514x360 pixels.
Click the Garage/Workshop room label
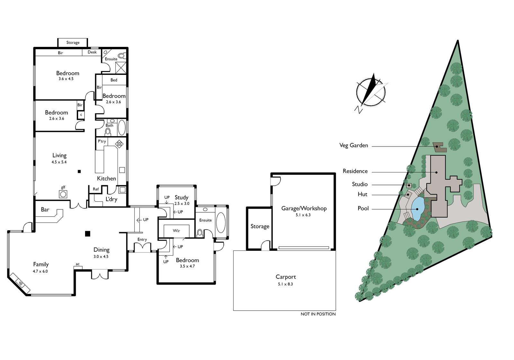click(304, 208)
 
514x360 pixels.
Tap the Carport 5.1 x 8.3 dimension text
click(286, 284)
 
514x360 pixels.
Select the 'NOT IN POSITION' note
click(318, 314)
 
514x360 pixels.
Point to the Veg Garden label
click(354, 145)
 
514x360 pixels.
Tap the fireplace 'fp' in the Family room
click(21, 283)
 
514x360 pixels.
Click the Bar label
click(45, 209)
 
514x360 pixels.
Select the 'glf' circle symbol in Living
click(63, 194)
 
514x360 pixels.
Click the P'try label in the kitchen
click(102, 141)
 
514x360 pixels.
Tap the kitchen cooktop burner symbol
click(119, 144)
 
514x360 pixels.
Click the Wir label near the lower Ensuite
click(176, 231)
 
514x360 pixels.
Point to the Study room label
click(181, 197)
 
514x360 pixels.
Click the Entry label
click(142, 240)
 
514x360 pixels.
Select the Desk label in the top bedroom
click(92, 52)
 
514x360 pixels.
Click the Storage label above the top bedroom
click(73, 42)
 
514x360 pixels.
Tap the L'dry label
click(111, 199)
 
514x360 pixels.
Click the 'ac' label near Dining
click(77, 264)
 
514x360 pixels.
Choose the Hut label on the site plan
click(363, 194)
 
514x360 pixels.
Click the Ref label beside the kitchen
click(96, 189)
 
